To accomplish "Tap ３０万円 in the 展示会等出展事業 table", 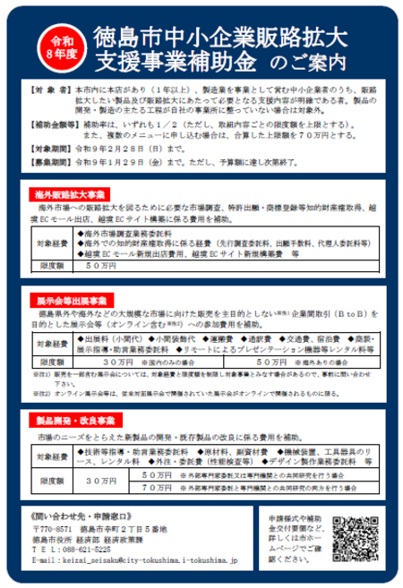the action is pyautogui.click(x=118, y=362).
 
